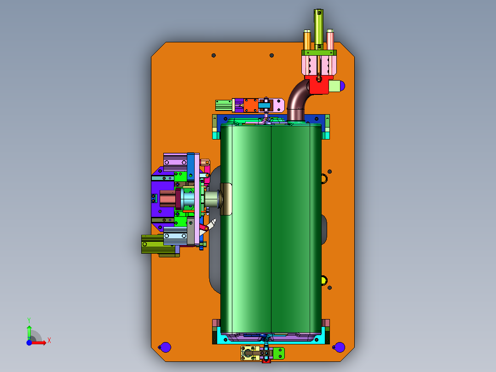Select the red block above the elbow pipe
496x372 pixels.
point(318,85)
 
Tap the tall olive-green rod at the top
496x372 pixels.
point(318,29)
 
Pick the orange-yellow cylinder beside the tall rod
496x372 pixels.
point(307,40)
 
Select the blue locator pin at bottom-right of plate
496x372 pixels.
point(339,347)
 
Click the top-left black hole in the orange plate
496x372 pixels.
point(213,55)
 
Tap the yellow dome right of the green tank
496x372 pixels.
point(324,280)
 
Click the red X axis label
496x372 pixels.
point(49,341)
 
